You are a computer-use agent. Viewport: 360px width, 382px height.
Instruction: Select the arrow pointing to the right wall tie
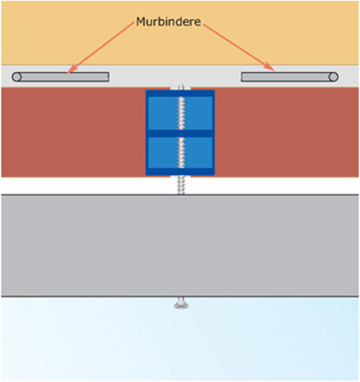point(237,46)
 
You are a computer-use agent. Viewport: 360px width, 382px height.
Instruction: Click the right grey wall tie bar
point(287,77)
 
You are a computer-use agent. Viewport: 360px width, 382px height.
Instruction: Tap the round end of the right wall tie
point(334,77)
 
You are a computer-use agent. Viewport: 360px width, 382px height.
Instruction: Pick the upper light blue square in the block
point(180,112)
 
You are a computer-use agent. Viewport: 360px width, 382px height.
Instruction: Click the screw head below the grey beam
point(180,304)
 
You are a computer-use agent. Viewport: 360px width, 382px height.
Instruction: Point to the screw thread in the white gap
point(180,185)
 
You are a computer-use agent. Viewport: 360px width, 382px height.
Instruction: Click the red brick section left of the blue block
point(73,132)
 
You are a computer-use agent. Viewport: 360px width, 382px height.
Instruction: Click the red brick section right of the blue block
point(287,132)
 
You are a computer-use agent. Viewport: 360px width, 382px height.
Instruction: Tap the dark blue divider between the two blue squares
point(180,133)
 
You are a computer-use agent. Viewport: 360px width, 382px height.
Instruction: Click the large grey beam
point(180,244)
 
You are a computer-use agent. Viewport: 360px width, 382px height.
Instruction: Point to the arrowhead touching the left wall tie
point(69,69)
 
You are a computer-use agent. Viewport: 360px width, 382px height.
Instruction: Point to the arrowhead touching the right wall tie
point(273,68)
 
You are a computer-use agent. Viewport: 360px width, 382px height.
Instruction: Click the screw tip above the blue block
point(180,88)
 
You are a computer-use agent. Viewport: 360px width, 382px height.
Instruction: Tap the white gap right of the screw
point(273,185)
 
